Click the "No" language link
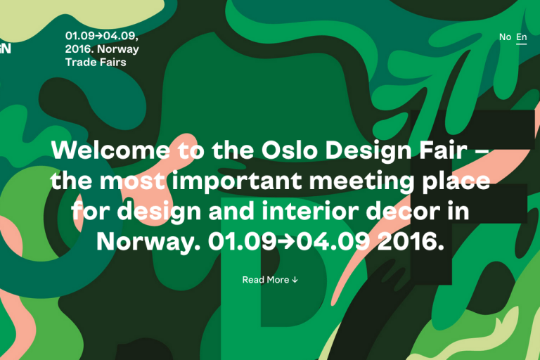coord(505,37)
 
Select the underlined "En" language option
coord(522,37)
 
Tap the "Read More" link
coord(266,280)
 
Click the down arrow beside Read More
coord(295,280)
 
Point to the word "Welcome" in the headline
coord(110,150)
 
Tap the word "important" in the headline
coord(236,181)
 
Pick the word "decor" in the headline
coord(403,211)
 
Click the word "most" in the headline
coord(132,181)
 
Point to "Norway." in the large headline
coord(148,242)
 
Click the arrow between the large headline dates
coord(287,242)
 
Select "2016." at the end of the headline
coord(411,241)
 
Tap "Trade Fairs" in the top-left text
coord(96,63)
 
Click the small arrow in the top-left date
coord(99,36)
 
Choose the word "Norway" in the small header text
coord(118,49)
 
